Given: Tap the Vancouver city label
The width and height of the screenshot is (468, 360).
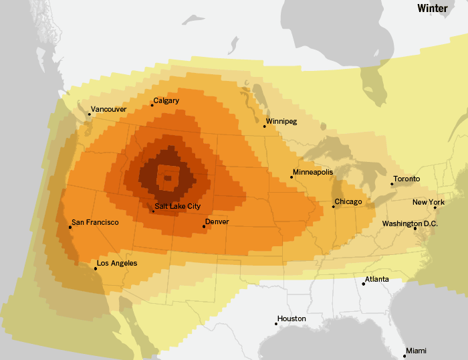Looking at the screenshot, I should [x=108, y=109].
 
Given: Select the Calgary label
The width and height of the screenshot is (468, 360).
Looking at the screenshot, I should [x=166, y=101].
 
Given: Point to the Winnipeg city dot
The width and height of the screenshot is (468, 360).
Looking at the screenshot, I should [x=264, y=126].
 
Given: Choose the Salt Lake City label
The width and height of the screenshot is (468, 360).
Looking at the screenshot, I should [x=177, y=207].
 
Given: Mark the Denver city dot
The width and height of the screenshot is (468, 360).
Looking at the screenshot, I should [x=204, y=226].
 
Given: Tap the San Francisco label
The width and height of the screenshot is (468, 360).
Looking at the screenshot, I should [x=96, y=222].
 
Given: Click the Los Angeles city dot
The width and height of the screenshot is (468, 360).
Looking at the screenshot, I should [x=96, y=268].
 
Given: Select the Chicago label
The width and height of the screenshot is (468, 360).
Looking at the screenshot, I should [x=348, y=202].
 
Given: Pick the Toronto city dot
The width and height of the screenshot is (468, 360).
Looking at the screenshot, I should [x=392, y=184].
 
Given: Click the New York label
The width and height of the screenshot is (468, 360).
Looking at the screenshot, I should [x=429, y=203].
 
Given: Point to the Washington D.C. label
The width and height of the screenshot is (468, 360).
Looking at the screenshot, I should [x=410, y=223].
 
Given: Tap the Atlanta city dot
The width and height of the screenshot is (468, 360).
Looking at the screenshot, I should [x=363, y=284].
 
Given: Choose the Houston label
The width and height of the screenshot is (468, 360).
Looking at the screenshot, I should [x=291, y=319].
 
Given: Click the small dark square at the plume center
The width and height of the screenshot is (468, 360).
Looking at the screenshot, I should [x=167, y=178].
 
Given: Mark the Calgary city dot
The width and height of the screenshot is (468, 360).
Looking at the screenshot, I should [x=152, y=105].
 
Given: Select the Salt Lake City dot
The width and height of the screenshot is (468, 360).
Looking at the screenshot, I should [x=153, y=211].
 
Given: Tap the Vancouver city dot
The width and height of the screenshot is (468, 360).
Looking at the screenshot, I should [x=89, y=114].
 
